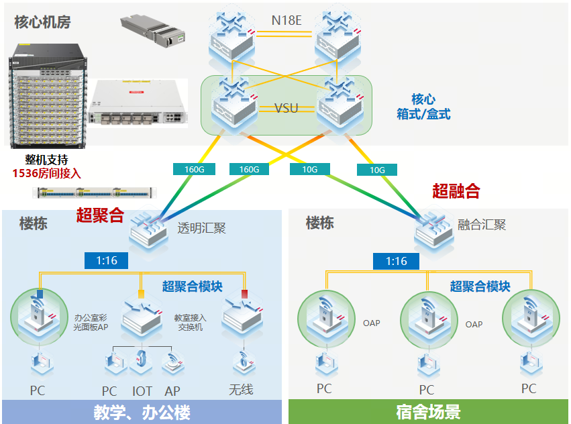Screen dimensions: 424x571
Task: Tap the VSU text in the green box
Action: tap(287, 108)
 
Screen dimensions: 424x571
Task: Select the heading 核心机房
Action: tap(42, 22)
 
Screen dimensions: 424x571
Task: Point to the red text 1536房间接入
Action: tap(46, 173)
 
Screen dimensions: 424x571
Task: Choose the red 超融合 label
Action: tap(456, 191)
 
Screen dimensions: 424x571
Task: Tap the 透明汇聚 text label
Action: tap(201, 228)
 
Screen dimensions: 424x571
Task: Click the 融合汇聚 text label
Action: tap(481, 225)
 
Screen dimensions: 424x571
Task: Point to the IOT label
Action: tap(142, 390)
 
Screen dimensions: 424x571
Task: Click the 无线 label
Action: tap(241, 389)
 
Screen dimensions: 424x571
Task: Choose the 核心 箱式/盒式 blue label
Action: tap(423, 107)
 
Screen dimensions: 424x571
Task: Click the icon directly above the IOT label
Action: tap(140, 362)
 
